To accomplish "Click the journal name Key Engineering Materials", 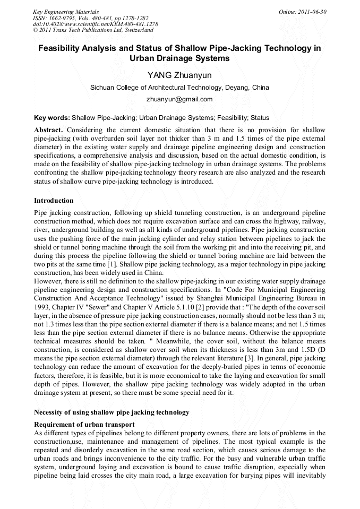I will tap(65, 11).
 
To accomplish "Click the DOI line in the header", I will tap(95, 24).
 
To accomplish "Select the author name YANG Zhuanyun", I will tap(179, 75).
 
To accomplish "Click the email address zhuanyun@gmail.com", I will tap(179, 99).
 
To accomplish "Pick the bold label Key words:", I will tap(52, 117).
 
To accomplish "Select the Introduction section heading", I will tap(54, 201).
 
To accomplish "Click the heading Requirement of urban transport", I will tap(84, 425).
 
